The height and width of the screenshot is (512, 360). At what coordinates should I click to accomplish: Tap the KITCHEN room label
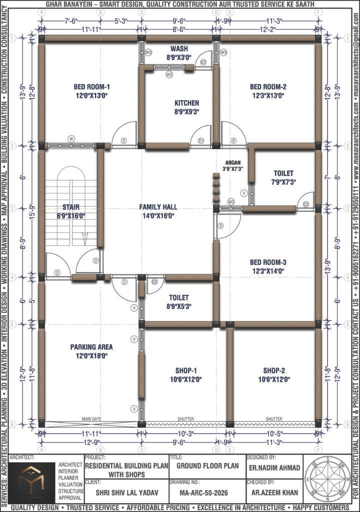186,103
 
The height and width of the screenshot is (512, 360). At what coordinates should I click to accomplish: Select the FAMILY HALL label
158,207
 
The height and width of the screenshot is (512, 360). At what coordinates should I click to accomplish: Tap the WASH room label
179,48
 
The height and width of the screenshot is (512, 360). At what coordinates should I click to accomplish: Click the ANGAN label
232,162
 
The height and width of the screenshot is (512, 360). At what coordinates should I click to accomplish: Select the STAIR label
71,207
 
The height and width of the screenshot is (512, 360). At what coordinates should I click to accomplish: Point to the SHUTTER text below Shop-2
274,419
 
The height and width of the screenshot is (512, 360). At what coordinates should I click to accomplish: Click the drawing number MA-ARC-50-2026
206,493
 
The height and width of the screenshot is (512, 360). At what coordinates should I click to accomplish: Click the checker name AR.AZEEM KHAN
273,493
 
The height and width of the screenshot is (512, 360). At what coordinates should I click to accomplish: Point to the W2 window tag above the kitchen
169,74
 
